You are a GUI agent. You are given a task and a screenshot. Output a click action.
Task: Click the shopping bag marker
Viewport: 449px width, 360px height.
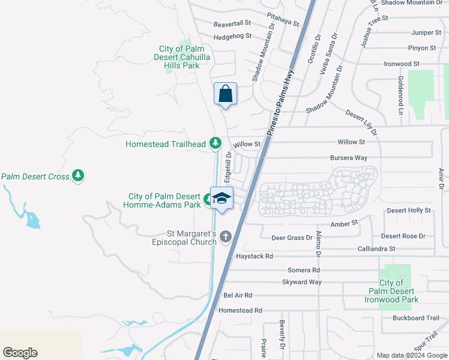225,94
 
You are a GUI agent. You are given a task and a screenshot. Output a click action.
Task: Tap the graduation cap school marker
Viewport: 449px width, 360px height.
221,199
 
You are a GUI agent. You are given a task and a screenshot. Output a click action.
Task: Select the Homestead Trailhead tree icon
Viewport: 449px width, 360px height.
215,143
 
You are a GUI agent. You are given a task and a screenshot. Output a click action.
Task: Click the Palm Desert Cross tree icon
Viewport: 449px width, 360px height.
77,176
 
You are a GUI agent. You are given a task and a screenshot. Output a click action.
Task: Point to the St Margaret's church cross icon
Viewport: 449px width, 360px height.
226,236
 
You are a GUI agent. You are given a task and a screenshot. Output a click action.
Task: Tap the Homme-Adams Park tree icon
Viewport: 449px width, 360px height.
207,200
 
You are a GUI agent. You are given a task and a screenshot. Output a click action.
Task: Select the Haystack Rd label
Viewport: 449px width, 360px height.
255,256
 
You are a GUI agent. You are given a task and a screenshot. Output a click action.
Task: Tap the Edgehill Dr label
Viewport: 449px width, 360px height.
228,167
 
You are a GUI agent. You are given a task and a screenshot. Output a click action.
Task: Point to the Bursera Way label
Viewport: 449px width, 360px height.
348,158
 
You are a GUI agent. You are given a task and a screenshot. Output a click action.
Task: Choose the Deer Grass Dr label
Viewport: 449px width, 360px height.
292,238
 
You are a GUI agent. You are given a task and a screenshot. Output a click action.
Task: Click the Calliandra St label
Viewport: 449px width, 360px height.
376,248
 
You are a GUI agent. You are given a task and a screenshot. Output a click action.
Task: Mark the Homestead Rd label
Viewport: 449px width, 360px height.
240,310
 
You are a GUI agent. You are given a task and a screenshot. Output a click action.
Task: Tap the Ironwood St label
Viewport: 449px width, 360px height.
402,64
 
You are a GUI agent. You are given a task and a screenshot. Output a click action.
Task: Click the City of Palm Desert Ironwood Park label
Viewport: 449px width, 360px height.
391,291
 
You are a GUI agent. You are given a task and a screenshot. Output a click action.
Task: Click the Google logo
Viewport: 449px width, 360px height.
20,353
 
